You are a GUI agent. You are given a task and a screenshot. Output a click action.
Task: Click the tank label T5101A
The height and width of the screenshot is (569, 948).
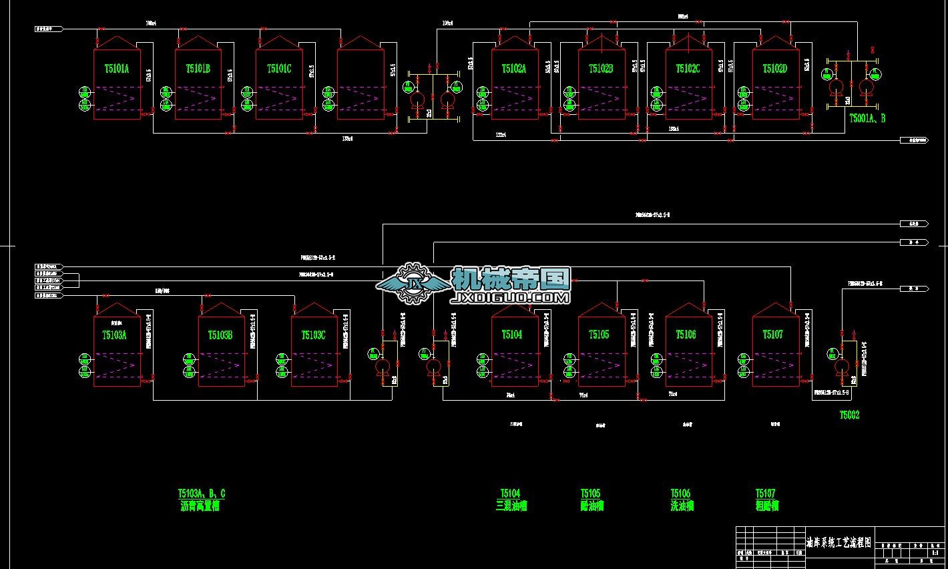click(117, 69)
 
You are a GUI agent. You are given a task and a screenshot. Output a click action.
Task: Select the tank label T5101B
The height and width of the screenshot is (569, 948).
click(198, 69)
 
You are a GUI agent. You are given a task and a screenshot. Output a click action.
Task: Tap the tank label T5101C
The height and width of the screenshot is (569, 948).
click(279, 69)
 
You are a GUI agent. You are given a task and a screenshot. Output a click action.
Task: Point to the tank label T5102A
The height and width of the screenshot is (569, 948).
click(514, 69)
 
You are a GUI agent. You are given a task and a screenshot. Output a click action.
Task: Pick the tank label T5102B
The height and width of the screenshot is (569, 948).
click(601, 69)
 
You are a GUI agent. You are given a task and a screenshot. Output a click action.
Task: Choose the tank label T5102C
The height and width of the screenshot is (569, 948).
click(688, 69)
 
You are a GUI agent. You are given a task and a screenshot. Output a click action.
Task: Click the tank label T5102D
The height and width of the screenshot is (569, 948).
click(775, 69)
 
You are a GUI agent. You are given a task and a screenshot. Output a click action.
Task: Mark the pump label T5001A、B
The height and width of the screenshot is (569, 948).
click(867, 118)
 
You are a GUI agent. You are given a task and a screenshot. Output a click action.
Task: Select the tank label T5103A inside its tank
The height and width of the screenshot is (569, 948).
click(114, 335)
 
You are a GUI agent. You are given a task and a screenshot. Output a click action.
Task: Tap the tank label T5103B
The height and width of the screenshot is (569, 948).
click(220, 335)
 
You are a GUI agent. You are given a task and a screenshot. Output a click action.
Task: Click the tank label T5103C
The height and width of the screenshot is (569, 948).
click(313, 335)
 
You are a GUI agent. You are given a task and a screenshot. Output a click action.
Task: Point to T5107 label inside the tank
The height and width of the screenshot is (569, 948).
click(772, 335)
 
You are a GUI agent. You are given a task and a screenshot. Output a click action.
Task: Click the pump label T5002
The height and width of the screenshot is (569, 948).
click(849, 415)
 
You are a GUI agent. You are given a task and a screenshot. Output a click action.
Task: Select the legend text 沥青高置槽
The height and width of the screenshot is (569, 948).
click(200, 506)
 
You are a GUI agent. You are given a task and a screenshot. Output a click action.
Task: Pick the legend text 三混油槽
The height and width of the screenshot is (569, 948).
click(511, 506)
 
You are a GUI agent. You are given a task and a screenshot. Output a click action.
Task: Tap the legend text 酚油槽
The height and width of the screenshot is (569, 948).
click(591, 506)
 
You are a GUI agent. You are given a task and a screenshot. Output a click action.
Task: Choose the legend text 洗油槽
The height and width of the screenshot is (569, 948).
click(682, 506)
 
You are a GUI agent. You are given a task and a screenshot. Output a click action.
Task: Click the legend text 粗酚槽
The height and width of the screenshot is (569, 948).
click(767, 506)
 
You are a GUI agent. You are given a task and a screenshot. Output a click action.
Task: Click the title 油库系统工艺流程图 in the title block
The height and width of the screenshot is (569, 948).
click(839, 542)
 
